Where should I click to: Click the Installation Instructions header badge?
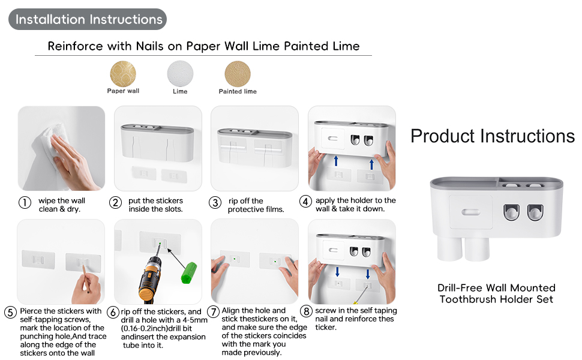coord(88,19)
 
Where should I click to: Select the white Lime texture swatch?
coord(180,74)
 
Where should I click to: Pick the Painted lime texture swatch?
coord(238,74)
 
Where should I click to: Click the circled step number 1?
coord(25,203)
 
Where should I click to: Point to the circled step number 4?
coord(306,202)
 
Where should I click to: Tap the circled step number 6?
coord(113,313)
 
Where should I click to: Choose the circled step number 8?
coord(307,311)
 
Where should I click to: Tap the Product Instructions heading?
coord(492,136)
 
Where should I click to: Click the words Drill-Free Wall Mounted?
coord(496,288)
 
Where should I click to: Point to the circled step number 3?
coord(215,203)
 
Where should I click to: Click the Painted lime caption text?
coord(238,92)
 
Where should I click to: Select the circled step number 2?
coord(116,203)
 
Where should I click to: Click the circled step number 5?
coord(10,313)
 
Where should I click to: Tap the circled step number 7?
coord(213,311)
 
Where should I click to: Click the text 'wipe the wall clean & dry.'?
coord(61,205)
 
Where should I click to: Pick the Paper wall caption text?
coord(123,92)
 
